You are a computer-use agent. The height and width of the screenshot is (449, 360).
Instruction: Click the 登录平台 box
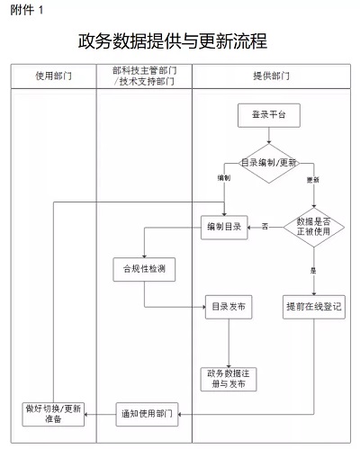[269, 115]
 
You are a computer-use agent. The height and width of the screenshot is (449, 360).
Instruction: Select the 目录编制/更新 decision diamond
[269, 163]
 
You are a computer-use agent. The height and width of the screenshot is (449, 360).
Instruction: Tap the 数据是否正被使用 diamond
[314, 227]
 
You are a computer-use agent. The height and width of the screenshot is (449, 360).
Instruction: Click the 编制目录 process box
[224, 228]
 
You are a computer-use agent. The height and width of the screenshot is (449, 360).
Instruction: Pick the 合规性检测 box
[144, 269]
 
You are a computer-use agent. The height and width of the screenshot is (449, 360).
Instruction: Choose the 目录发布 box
[229, 307]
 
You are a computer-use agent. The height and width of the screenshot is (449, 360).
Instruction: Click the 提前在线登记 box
[314, 307]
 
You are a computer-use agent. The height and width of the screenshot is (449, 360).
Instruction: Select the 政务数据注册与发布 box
[229, 379]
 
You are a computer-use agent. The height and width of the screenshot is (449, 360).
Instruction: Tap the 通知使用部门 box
[147, 415]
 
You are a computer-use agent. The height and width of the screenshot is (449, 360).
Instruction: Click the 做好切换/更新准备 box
[53, 415]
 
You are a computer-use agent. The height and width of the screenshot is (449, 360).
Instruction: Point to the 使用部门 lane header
[53, 76]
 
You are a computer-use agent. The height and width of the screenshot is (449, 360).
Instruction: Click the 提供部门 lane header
[271, 76]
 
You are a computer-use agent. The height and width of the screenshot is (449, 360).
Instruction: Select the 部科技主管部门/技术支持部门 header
[144, 76]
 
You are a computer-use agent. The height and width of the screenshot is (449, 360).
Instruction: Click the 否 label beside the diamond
[265, 226]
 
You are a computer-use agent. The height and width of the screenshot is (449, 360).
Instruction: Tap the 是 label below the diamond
[313, 271]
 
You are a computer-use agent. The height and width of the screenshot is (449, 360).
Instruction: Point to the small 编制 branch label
[224, 178]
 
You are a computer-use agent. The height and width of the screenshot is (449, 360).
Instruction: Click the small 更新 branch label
[312, 180]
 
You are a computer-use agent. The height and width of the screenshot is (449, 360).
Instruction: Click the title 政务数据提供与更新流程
[173, 41]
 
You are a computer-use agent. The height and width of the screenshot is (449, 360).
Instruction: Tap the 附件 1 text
[27, 10]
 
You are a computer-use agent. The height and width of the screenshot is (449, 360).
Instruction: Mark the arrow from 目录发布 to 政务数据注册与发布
[229, 343]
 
